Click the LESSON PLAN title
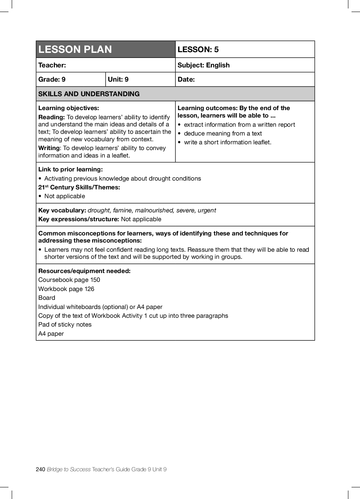pos(75,49)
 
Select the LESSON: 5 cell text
pos(198,49)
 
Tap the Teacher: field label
pos(52,65)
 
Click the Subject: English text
pos(203,65)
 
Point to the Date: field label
pos(186,79)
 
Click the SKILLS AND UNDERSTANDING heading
pos(89,94)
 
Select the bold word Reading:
pos(52,117)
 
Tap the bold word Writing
pos(49,148)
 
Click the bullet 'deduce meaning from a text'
pos(223,133)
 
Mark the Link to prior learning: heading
pos(71,169)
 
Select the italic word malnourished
pos(154,210)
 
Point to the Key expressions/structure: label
pos(79,219)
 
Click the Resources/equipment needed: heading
pos(84,271)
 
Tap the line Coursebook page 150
pos(69,280)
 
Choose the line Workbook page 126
pos(66,289)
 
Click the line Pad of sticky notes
pos(65,325)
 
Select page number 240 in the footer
pos(40,469)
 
